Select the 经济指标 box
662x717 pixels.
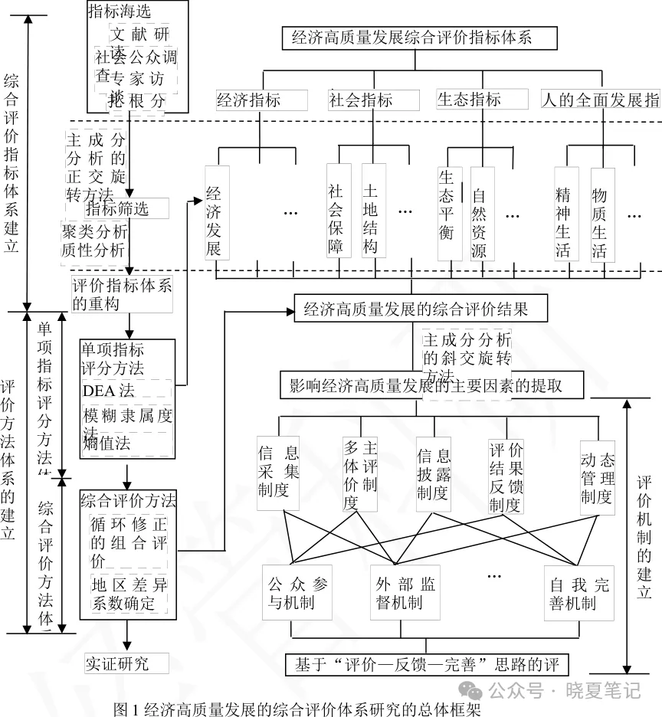point(261,100)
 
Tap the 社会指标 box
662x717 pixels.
point(374,100)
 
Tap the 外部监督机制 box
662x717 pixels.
point(406,593)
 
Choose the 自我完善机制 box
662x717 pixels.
point(579,593)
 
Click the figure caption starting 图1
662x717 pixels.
point(297,709)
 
